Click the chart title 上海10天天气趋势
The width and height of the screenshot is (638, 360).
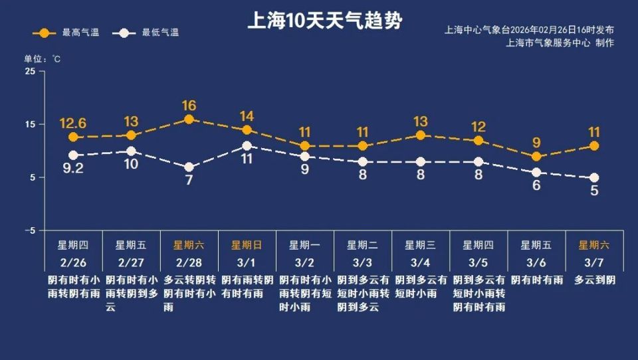[324, 21]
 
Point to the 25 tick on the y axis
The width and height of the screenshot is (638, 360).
[31, 71]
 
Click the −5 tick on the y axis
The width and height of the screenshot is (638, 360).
[29, 230]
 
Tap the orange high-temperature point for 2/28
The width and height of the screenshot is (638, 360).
[189, 120]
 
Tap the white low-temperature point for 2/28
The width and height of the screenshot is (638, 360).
[189, 167]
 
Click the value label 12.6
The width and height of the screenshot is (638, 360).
[73, 123]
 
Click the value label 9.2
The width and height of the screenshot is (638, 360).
[73, 169]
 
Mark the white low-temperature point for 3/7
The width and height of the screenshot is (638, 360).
[594, 177]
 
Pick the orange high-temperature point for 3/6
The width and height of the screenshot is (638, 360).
[536, 157]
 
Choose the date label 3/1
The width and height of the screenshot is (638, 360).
[247, 262]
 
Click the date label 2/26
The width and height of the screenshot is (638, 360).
[73, 262]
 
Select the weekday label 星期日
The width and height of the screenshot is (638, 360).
[247, 245]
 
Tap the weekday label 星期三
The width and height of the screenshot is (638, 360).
[420, 245]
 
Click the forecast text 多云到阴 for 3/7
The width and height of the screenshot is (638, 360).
[594, 280]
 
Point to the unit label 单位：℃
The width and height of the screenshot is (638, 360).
[43, 58]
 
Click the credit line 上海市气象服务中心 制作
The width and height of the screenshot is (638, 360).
[560, 43]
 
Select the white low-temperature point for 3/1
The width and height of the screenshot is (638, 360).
[247, 145]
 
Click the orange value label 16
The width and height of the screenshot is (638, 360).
[189, 106]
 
